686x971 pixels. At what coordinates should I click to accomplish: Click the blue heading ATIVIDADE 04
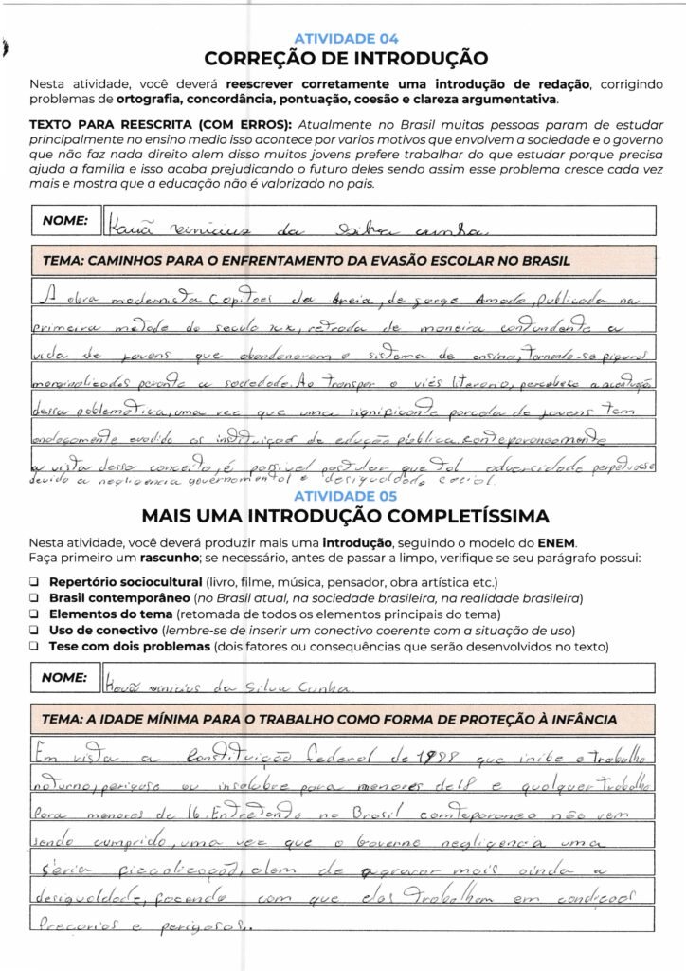[346, 39]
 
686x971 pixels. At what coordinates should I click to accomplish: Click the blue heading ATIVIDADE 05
[346, 496]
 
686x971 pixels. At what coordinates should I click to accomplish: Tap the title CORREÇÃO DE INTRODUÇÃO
[346, 58]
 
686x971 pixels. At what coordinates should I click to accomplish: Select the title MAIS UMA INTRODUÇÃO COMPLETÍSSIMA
[346, 517]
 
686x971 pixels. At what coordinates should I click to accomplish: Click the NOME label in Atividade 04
[65, 221]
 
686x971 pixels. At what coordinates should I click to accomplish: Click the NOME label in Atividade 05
[65, 679]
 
